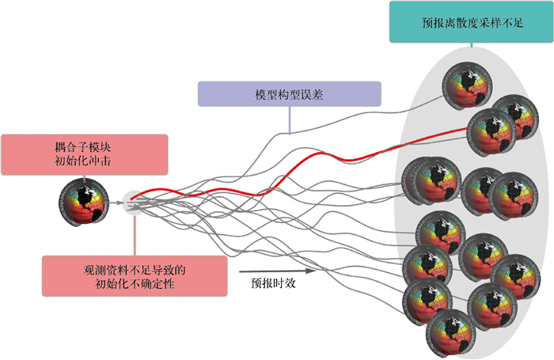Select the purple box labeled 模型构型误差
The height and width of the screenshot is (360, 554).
click(290, 94)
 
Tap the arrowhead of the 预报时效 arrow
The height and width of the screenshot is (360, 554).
click(318, 270)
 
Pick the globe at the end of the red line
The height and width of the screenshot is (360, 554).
click(491, 130)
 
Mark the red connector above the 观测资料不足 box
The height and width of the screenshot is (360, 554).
click(135, 233)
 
